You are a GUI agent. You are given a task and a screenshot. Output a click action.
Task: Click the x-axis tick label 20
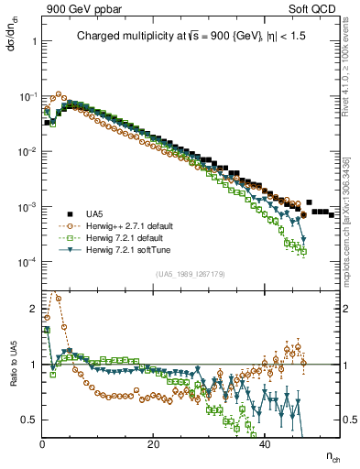(x=153, y=444)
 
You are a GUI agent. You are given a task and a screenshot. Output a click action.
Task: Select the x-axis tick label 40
(x=264, y=444)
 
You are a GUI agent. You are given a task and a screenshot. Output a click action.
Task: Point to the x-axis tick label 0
(x=42, y=444)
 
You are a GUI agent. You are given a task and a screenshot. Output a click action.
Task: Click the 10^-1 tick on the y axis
(x=29, y=96)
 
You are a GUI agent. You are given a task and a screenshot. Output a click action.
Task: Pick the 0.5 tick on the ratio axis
(x=29, y=419)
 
